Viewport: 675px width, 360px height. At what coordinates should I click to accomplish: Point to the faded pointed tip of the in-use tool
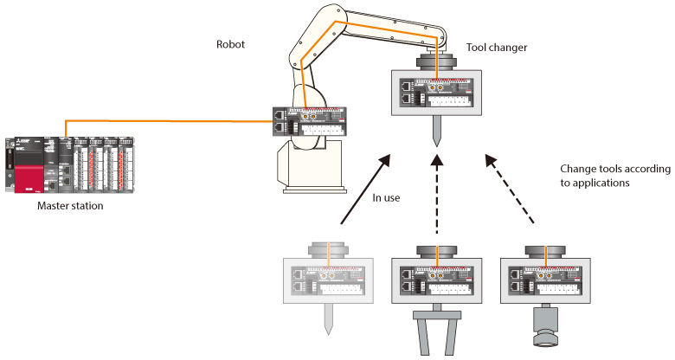pyautogui.click(x=329, y=319)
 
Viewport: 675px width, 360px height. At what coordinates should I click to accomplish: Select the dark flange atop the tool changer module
pyautogui.click(x=437, y=62)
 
